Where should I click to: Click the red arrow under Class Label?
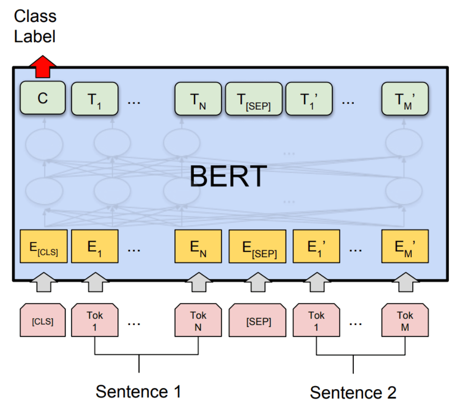[x=43, y=66]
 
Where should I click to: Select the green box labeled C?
[x=43, y=98]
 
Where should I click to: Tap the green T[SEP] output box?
[x=253, y=99]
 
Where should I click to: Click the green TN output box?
[x=198, y=99]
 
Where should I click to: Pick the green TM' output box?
[x=405, y=99]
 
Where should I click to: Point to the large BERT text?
[x=228, y=176]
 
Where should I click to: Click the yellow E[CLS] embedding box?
[x=44, y=246]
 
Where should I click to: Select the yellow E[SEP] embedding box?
[x=257, y=246]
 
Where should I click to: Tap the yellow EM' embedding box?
[x=405, y=246]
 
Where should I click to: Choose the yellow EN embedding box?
[x=198, y=246]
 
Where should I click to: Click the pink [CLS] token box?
[x=43, y=320]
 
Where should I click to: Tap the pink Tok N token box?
[x=198, y=320]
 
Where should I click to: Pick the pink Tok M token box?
[x=405, y=320]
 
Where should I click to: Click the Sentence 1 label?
[x=138, y=392]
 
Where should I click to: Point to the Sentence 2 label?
[x=353, y=393]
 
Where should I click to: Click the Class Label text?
[x=35, y=27]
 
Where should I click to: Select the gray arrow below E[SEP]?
[x=257, y=282]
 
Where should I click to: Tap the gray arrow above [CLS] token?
[x=43, y=282]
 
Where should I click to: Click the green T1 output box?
[x=94, y=99]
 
